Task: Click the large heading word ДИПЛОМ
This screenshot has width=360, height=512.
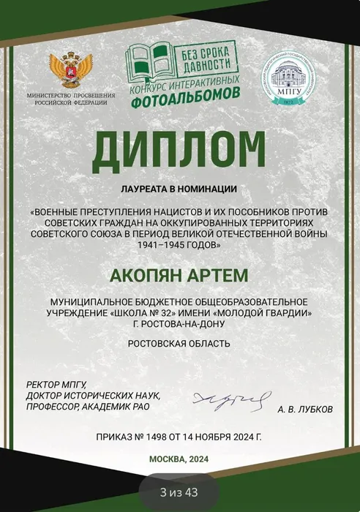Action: [179, 156]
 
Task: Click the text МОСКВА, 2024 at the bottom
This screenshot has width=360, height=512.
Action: [179, 459]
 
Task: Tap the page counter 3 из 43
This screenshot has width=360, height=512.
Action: [179, 492]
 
